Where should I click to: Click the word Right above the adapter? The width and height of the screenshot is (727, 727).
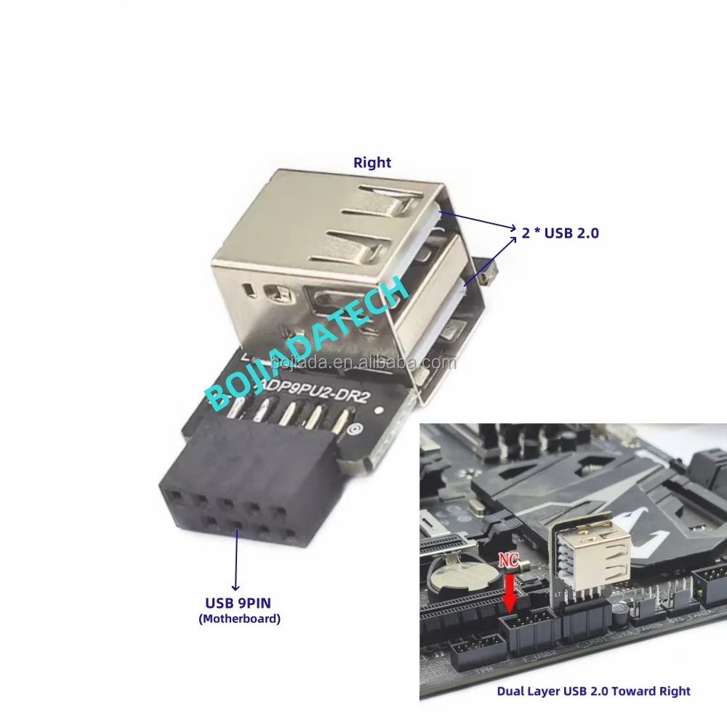pyautogui.click(x=371, y=163)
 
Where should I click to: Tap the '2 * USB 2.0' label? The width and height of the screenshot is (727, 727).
pyautogui.click(x=561, y=233)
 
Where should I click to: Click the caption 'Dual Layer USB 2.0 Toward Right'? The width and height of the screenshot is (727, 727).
pyautogui.click(x=593, y=691)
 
